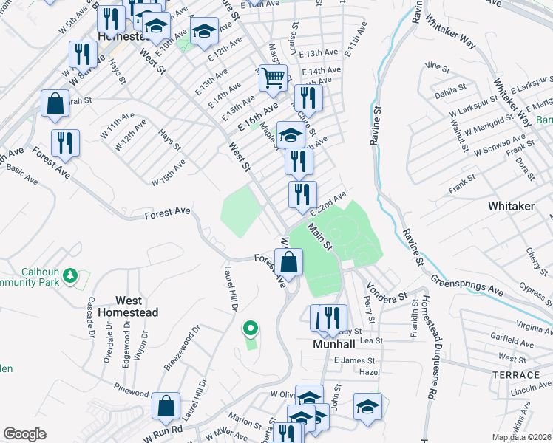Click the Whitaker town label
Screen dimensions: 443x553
pyautogui.click(x=511, y=206)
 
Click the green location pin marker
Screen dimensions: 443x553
pyautogui.click(x=251, y=329)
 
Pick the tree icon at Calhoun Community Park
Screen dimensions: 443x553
pyautogui.click(x=70, y=275)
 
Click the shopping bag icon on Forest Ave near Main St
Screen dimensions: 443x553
pyautogui.click(x=288, y=261)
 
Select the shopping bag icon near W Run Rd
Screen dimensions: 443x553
pyautogui.click(x=166, y=405)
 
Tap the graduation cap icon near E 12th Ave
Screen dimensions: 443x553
pyautogui.click(x=204, y=31)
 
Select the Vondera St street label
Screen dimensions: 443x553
pyautogui.click(x=387, y=289)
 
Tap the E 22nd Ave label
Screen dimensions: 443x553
pyautogui.click(x=328, y=203)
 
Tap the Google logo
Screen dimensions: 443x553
pyautogui.click(x=24, y=434)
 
